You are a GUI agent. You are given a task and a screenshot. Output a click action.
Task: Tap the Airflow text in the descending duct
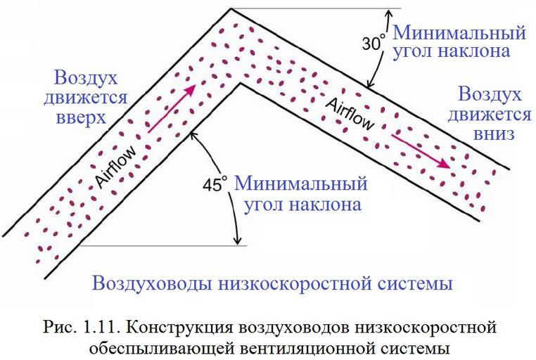350,113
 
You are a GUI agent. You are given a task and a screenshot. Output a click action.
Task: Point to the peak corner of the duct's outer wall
231,9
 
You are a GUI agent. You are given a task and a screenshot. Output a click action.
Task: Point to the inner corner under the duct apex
242,83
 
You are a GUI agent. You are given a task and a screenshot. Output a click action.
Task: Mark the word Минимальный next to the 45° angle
301,184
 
